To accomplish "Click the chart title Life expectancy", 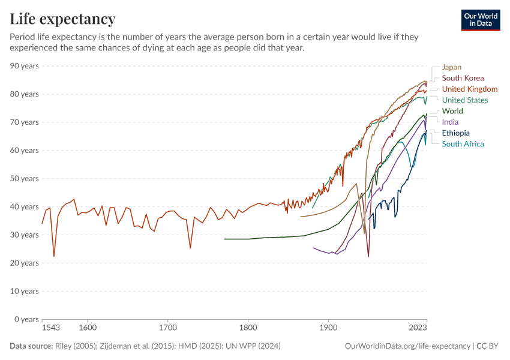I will coord(62,19).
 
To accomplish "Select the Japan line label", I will coord(451,67).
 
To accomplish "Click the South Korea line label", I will coord(463,78).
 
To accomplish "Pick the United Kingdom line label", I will coord(469,89).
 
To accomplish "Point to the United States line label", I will coord(464,100).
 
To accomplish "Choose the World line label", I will coord(452,111).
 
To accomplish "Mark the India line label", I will coord(450,122).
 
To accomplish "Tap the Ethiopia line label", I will coord(455,133).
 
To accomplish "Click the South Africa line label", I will coord(463,144).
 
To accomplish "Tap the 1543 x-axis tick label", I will coord(50,328).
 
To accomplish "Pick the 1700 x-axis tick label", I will coord(167,328).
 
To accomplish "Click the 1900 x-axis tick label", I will coord(328,328).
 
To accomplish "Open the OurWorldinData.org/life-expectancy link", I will coord(407,346).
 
